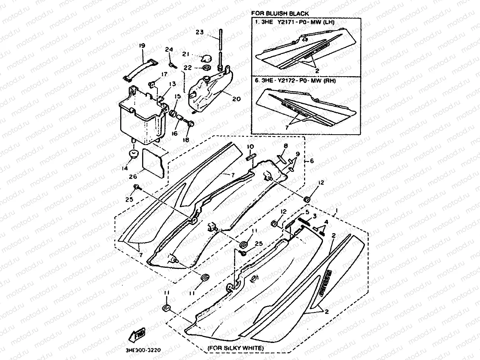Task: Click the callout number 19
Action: [x=142, y=45]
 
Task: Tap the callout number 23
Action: [x=199, y=32]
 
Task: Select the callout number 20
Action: [x=237, y=99]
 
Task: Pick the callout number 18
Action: [x=186, y=139]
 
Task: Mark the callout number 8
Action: [x=286, y=146]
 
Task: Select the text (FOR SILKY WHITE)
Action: [x=236, y=348]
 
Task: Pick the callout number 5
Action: [x=307, y=212]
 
